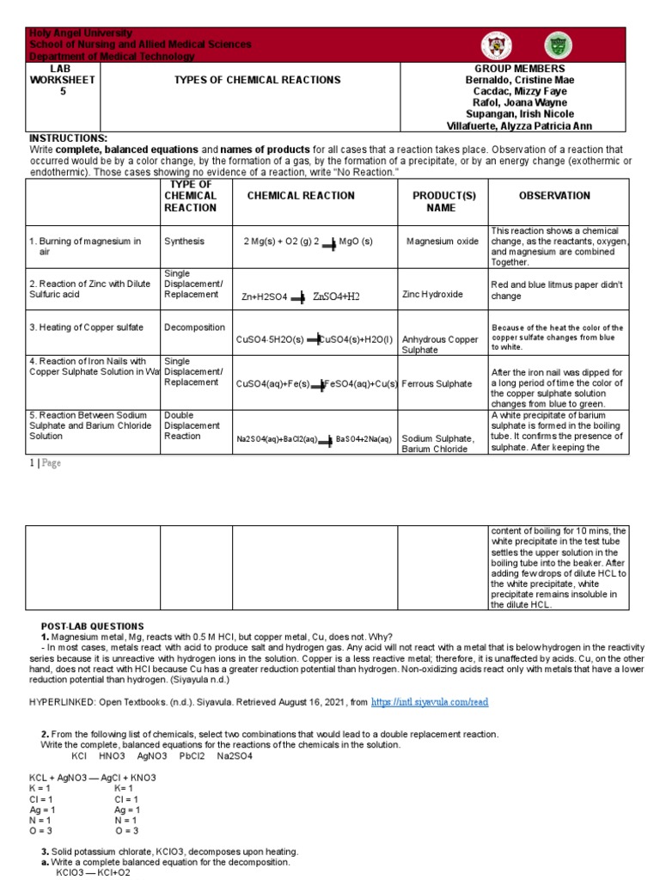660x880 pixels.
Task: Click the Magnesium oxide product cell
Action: pos(443,241)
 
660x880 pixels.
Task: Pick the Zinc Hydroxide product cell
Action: pos(432,294)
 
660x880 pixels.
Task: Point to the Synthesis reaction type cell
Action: pos(184,241)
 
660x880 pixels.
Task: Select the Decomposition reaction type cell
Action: pos(194,327)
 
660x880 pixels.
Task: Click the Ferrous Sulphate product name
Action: pos(437,384)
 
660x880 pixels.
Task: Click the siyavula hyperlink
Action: pos(430,702)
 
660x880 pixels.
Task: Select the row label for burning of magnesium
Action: pos(85,247)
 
